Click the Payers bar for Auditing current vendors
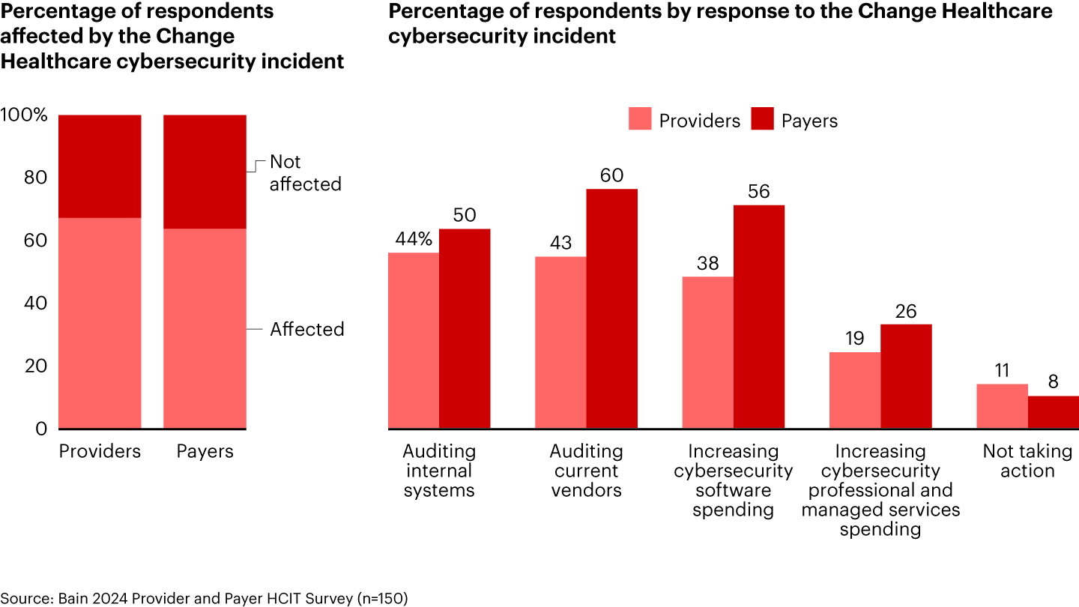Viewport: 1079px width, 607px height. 612,309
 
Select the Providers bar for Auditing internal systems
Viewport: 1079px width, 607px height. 413,341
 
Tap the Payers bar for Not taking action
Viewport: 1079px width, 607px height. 1053,412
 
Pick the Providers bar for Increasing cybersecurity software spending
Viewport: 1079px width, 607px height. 707,353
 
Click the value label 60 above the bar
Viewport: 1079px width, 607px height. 612,175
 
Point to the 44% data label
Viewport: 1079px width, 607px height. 414,239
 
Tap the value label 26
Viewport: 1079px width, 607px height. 906,311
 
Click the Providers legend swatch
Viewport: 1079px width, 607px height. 640,119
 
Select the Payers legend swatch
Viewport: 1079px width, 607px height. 762,119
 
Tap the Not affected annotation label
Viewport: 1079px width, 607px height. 305,173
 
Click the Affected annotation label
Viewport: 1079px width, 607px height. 307,329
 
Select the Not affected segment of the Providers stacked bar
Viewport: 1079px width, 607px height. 100,166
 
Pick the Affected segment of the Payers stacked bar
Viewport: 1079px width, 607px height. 205,328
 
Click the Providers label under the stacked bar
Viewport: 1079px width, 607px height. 100,451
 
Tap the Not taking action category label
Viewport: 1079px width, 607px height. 1027,461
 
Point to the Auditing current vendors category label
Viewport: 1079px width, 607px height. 586,471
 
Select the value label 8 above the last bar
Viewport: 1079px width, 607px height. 1053,381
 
